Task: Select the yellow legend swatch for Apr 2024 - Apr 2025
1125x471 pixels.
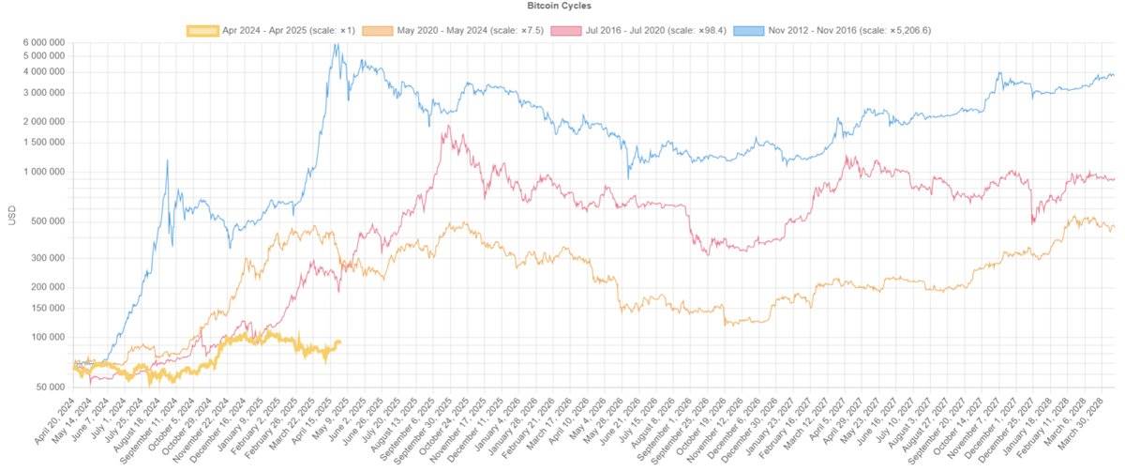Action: [x=202, y=30]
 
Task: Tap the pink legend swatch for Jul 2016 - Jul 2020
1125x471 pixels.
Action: [x=566, y=30]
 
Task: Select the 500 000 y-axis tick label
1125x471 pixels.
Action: [x=44, y=221]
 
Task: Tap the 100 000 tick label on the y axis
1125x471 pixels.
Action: [x=44, y=337]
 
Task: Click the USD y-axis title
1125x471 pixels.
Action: [x=12, y=215]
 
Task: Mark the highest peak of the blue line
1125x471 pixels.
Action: [x=336, y=43]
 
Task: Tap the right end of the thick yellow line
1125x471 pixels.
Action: [x=339, y=342]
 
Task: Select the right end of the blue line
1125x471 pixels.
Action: [x=1114, y=75]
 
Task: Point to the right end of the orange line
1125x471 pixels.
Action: [x=1114, y=227]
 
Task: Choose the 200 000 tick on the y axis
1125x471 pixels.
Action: [x=44, y=287]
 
